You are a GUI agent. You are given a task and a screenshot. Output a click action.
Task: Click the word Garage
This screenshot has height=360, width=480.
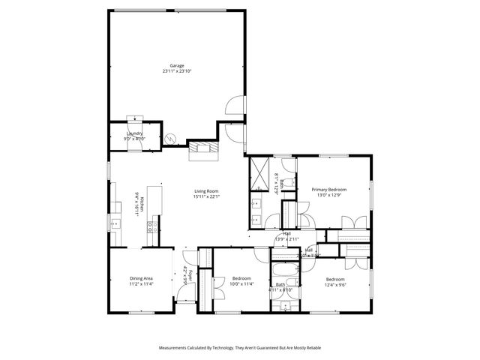(176, 65)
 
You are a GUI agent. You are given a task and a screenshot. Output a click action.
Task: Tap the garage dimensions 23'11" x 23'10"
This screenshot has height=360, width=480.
(176, 71)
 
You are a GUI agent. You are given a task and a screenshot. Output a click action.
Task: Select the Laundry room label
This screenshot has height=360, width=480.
(134, 133)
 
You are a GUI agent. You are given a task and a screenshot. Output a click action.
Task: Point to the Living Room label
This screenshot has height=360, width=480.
(205, 191)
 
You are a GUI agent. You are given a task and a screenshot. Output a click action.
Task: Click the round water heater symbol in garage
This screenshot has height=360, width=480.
(170, 139)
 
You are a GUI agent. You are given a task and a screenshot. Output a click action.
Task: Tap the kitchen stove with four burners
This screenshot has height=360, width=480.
(151, 223)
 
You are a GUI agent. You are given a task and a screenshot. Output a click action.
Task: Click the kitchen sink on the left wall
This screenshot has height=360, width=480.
(113, 221)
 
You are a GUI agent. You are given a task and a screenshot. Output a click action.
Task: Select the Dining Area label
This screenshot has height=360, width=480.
(141, 278)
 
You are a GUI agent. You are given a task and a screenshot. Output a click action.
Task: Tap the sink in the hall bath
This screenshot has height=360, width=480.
(283, 306)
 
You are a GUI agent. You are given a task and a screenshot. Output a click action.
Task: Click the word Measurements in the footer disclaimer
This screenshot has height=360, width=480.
(178, 348)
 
